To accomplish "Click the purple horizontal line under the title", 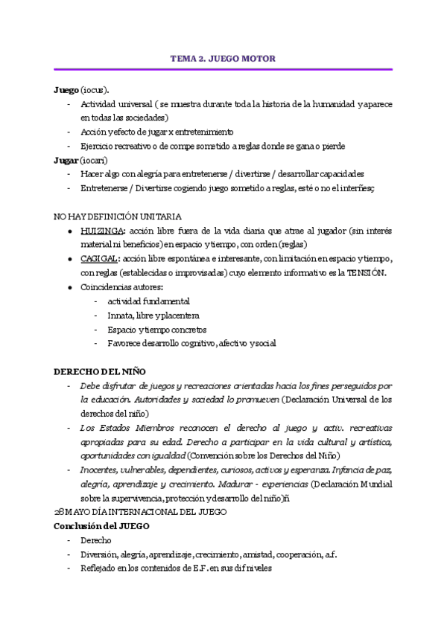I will point(223,69).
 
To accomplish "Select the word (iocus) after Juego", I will point(95,89).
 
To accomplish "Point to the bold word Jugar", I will point(66,160).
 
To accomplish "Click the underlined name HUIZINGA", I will point(98,231).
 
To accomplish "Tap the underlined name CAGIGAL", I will point(98,259).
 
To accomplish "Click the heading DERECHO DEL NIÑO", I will point(100,371).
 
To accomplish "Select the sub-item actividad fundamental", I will point(148,301).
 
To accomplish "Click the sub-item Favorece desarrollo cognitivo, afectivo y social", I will point(191,344).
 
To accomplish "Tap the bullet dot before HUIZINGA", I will point(69,231).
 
